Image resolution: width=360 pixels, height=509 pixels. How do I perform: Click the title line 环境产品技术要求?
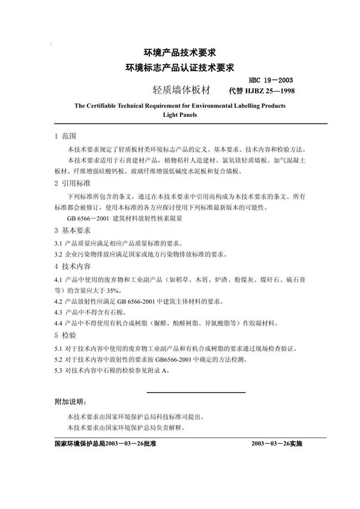[179, 52]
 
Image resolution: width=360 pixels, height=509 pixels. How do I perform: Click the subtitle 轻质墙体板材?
[182, 91]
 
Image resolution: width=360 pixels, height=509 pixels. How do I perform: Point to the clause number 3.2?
[59, 254]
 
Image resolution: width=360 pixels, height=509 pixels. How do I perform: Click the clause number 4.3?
[59, 312]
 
